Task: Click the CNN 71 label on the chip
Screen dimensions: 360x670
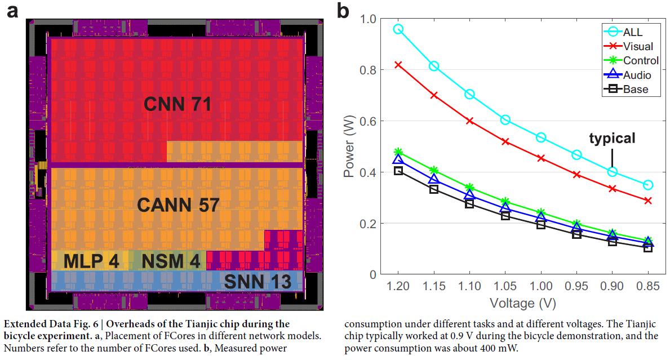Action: click(x=178, y=104)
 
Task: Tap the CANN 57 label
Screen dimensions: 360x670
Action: click(x=178, y=205)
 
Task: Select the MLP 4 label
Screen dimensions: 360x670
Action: click(x=91, y=261)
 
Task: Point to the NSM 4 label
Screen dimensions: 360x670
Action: click(x=171, y=261)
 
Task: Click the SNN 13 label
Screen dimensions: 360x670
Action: click(x=258, y=281)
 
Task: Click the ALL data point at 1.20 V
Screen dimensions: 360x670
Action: click(x=398, y=29)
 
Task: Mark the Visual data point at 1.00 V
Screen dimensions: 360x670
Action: click(x=541, y=158)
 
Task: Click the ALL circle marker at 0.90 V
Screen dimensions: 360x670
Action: click(x=613, y=171)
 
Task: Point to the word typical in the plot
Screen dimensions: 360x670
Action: click(x=612, y=138)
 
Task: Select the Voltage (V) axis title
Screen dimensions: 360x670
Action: click(x=522, y=303)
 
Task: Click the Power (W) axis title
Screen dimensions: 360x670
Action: click(x=350, y=146)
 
